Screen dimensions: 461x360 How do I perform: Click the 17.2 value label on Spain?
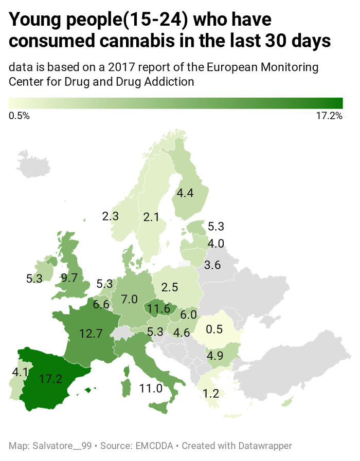click(x=50, y=380)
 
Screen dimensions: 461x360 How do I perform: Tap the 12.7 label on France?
click(x=91, y=334)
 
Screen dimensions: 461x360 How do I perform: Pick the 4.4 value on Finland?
click(x=185, y=193)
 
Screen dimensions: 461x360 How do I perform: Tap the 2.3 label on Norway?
click(x=110, y=216)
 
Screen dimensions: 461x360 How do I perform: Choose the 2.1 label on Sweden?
click(x=151, y=217)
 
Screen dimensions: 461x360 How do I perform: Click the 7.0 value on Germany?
click(x=130, y=299)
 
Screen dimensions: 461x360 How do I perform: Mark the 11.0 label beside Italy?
click(x=151, y=388)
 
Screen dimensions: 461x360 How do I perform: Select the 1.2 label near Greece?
click(x=211, y=394)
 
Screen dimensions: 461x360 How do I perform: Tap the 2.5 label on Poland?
click(x=169, y=287)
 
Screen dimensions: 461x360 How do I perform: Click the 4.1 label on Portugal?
click(x=19, y=370)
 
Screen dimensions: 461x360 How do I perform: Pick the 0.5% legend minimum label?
click(x=20, y=116)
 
